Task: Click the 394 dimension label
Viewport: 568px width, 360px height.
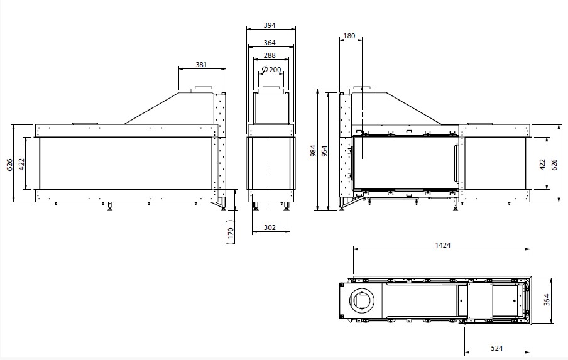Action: [x=270, y=25]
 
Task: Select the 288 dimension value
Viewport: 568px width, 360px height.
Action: [x=270, y=55]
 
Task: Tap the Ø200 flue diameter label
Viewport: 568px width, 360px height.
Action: [x=271, y=69]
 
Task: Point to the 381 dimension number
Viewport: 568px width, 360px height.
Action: [x=201, y=65]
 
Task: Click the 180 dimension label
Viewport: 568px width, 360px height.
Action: [x=349, y=36]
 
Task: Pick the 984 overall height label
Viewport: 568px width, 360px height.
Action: [x=314, y=151]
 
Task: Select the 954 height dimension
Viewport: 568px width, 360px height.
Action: [x=324, y=151]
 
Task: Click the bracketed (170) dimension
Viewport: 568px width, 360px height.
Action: [x=231, y=232]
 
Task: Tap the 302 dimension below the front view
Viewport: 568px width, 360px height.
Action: [x=270, y=227]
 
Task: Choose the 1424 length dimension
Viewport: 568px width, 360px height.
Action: [x=443, y=245]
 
